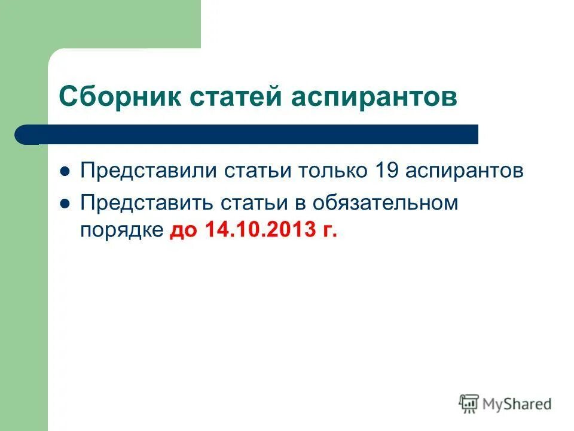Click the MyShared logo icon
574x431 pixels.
coord(469,403)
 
